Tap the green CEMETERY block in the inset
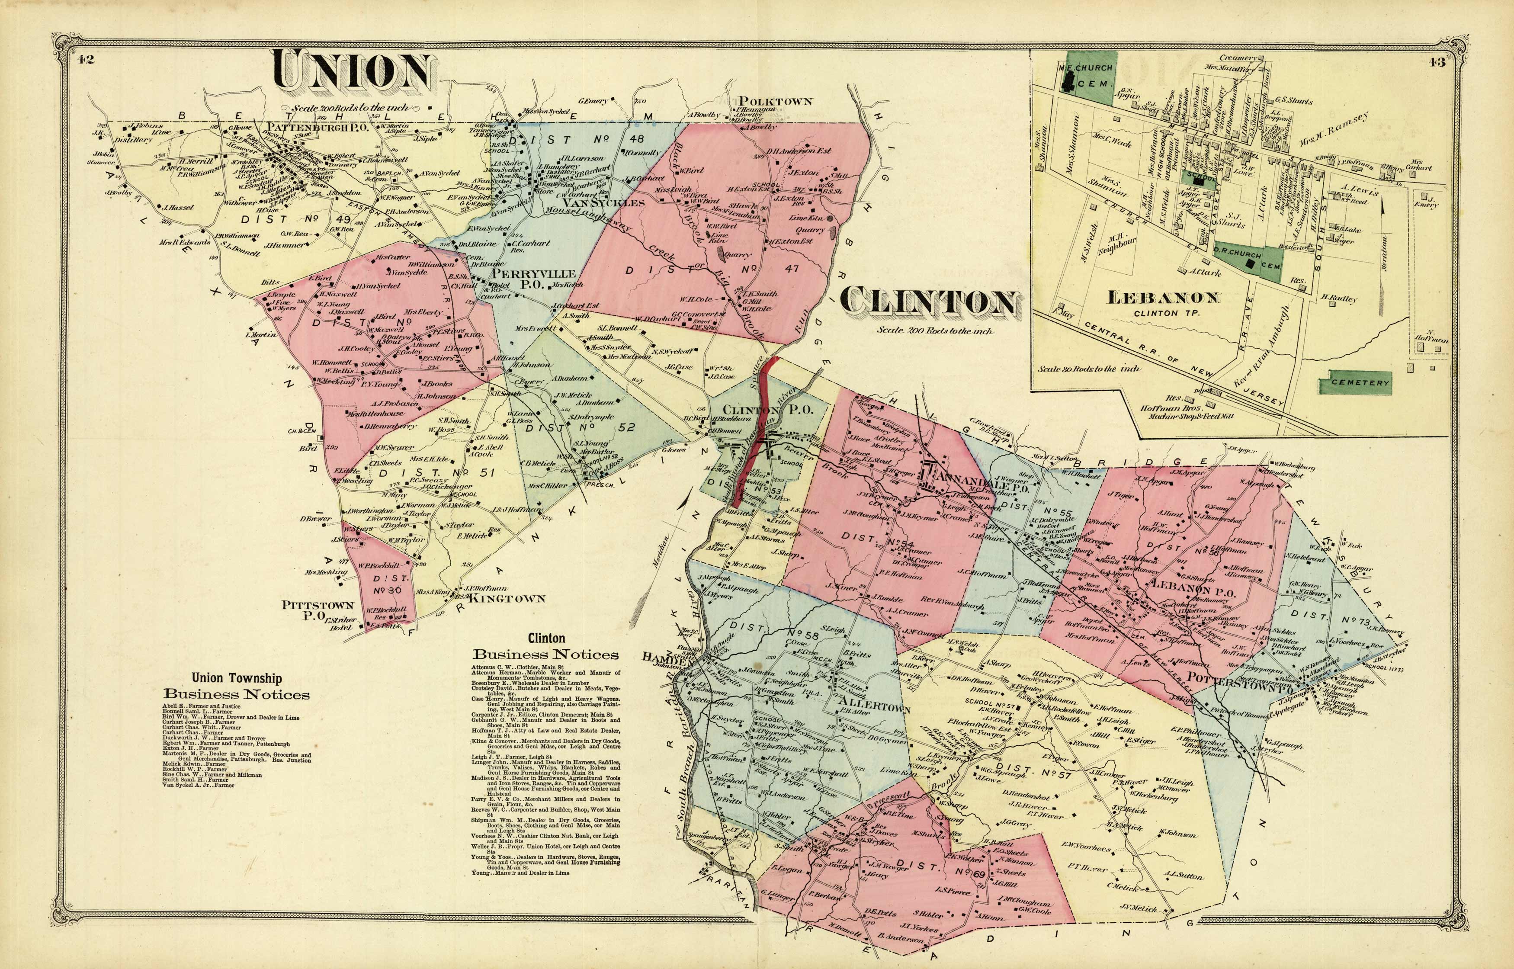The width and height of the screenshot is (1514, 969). [1359, 382]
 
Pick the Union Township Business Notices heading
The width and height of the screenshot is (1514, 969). [237, 687]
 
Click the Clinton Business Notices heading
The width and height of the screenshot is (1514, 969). [545, 646]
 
